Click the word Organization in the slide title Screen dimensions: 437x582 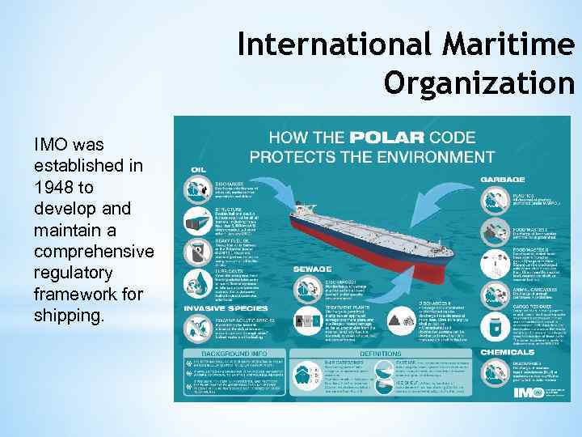479,81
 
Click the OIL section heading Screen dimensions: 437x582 198,169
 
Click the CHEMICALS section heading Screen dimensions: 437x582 508,352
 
